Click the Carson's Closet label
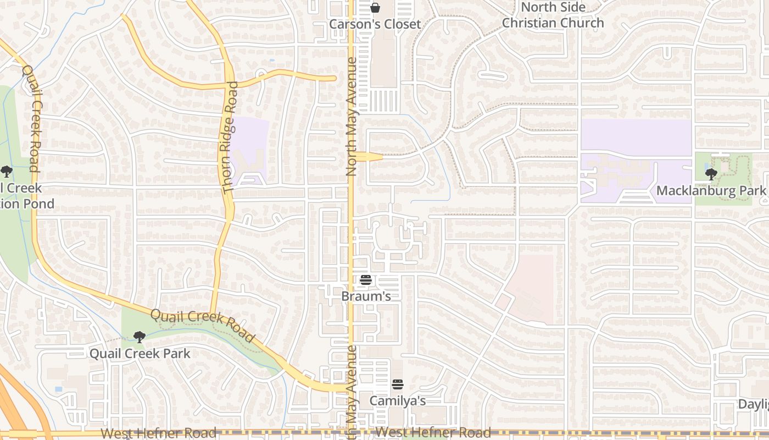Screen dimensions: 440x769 (375, 24)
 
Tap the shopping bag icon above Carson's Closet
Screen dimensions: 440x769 (375, 8)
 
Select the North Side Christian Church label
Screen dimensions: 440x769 (553, 15)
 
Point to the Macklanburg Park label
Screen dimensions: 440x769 (711, 191)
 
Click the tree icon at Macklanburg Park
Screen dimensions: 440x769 (711, 174)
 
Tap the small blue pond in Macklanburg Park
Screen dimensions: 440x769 (705, 166)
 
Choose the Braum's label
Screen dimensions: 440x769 (366, 296)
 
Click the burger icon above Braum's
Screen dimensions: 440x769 (366, 280)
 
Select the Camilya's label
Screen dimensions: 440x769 (397, 401)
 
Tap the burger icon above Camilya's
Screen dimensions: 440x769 (397, 384)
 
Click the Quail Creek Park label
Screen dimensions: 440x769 (140, 353)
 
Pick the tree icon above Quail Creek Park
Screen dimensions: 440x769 (140, 337)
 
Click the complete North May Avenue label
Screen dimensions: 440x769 (352, 117)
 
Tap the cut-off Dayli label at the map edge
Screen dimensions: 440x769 (753, 404)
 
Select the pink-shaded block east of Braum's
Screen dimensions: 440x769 (530, 289)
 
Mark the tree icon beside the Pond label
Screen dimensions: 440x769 (6, 172)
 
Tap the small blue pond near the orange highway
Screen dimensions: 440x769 (59, 389)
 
